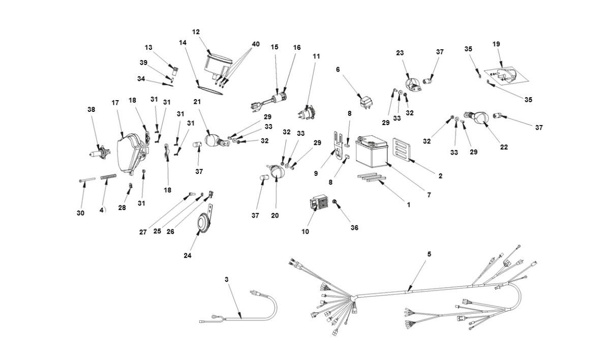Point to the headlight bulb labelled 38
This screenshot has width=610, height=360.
pyautogui.click(x=98, y=153)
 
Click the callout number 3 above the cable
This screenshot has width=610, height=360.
pyautogui.click(x=227, y=279)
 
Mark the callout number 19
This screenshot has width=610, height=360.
pyautogui.click(x=497, y=44)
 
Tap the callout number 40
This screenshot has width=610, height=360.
pyautogui.click(x=256, y=44)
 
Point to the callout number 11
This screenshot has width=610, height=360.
pyautogui.click(x=317, y=56)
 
